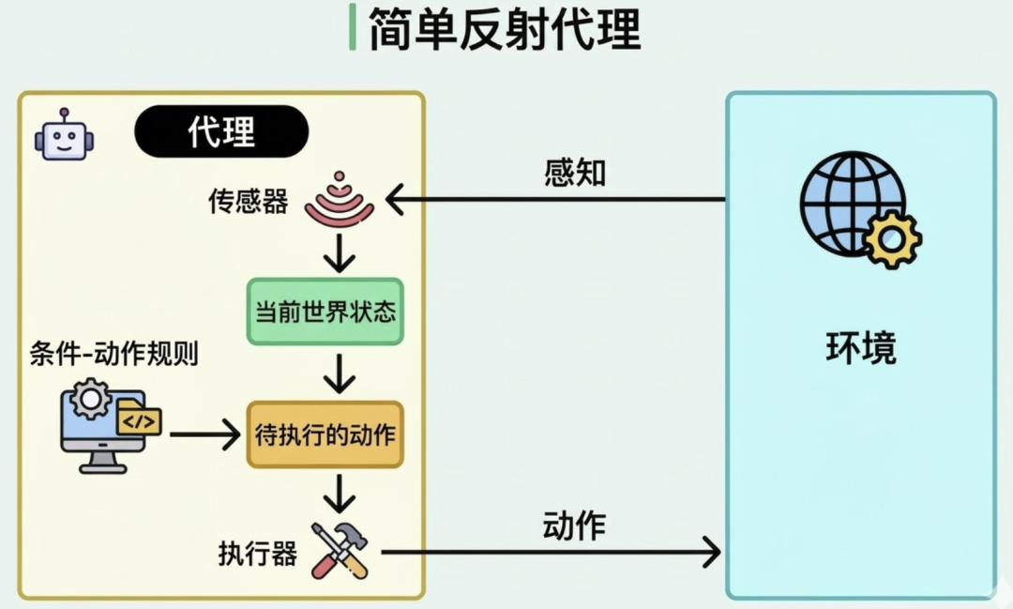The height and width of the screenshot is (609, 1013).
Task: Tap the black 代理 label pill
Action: click(x=221, y=131)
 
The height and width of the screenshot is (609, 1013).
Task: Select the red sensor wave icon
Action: click(x=339, y=199)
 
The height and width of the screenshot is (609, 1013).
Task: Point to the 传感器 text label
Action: click(x=249, y=202)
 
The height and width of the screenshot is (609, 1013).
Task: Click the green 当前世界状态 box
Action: click(x=325, y=312)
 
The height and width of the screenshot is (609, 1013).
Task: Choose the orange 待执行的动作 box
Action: click(x=325, y=434)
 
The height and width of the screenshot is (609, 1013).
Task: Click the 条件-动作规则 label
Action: click(x=114, y=356)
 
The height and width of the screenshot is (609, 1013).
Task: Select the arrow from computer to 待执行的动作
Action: click(x=205, y=434)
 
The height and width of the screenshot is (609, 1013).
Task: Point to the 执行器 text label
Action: click(x=258, y=554)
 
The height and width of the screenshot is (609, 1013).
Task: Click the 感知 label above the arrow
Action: click(x=575, y=173)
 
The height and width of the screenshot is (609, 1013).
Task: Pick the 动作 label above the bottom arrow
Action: click(x=574, y=526)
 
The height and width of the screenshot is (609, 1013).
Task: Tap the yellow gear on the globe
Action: click(x=892, y=238)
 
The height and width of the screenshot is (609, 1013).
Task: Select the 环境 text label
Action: click(x=861, y=347)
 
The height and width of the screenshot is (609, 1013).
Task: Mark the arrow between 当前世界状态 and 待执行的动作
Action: click(x=339, y=373)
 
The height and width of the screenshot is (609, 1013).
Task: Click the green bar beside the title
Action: click(x=352, y=27)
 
